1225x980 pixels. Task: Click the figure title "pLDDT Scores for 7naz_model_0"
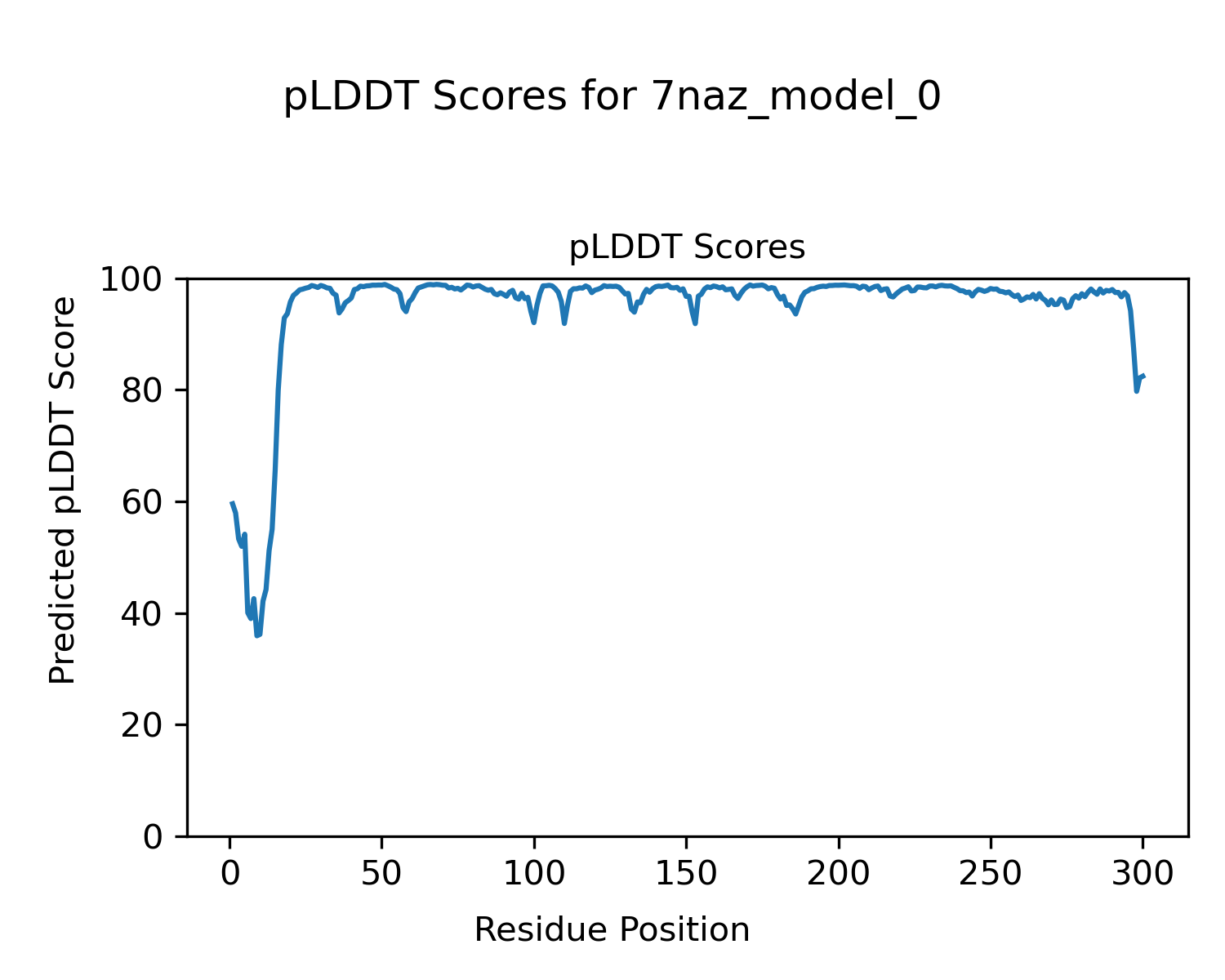612,98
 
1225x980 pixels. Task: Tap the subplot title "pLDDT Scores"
687,247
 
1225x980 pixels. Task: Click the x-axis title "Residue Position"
612,930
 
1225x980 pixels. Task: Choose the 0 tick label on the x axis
230,874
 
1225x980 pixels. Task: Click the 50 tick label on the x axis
382,874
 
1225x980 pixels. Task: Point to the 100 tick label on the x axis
534,874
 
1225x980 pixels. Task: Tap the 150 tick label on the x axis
686,874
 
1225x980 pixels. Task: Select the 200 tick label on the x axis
839,874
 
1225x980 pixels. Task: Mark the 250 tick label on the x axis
991,874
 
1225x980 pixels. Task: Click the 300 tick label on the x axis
1143,874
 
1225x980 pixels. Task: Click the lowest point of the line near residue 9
257,635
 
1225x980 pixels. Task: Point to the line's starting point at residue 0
231,502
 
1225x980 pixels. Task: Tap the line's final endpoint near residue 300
1144,376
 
